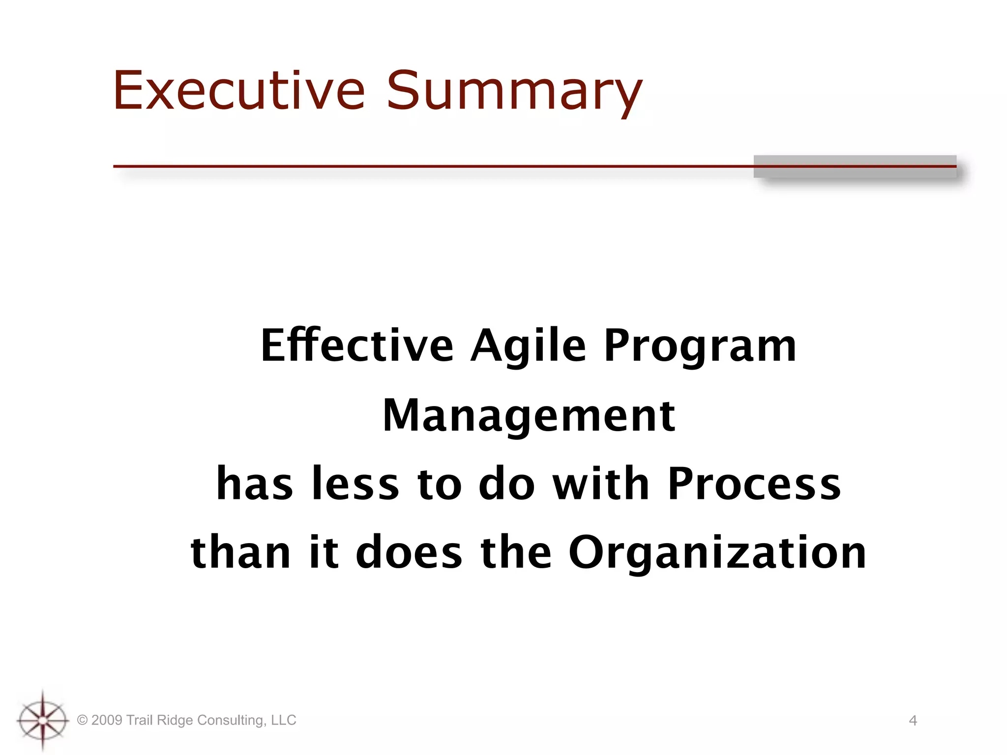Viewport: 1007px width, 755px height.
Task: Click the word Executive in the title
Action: (x=239, y=91)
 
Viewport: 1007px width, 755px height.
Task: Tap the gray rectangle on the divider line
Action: (x=855, y=166)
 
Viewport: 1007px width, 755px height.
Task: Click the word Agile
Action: (x=528, y=347)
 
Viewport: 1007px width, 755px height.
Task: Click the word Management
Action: (x=529, y=416)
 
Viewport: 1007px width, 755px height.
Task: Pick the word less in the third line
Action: (x=355, y=484)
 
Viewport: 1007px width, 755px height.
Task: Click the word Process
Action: (x=754, y=484)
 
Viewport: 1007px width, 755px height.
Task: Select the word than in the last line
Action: (x=240, y=552)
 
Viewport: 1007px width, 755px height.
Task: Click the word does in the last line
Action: (x=409, y=552)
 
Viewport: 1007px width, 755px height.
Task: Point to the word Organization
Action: (x=717, y=553)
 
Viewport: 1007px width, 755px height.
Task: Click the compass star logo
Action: (x=43, y=721)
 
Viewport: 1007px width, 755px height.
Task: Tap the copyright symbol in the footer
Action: (x=83, y=721)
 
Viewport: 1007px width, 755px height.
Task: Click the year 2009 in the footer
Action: (x=107, y=721)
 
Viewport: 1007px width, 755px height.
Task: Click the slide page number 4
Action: (x=913, y=721)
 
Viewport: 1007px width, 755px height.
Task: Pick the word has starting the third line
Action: (x=255, y=484)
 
